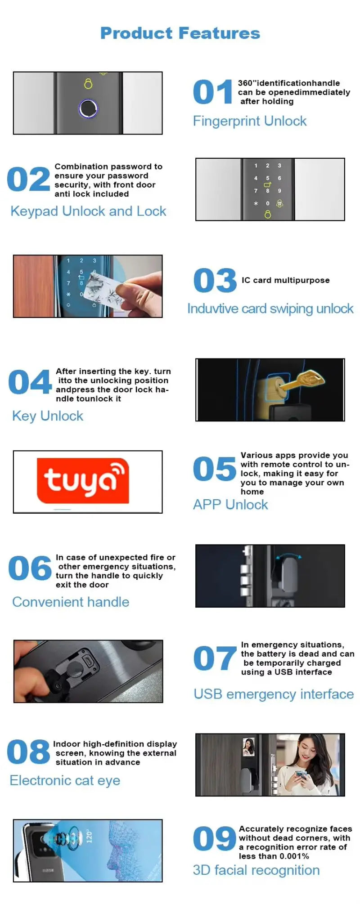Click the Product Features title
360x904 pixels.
click(180, 33)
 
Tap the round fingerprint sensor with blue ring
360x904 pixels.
click(88, 108)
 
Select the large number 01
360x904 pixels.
click(212, 92)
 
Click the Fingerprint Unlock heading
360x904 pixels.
click(249, 121)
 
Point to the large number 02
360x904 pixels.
click(28, 179)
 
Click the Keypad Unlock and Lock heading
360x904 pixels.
click(88, 211)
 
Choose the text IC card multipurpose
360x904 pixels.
click(285, 280)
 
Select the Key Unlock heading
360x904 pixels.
click(48, 416)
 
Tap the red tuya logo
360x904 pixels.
click(83, 480)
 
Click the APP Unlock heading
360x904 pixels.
click(230, 505)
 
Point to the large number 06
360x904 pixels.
click(30, 568)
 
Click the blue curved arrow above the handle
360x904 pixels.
click(288, 556)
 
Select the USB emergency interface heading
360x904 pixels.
click(274, 694)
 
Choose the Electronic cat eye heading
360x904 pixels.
click(65, 780)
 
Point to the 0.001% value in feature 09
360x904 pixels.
click(293, 856)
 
